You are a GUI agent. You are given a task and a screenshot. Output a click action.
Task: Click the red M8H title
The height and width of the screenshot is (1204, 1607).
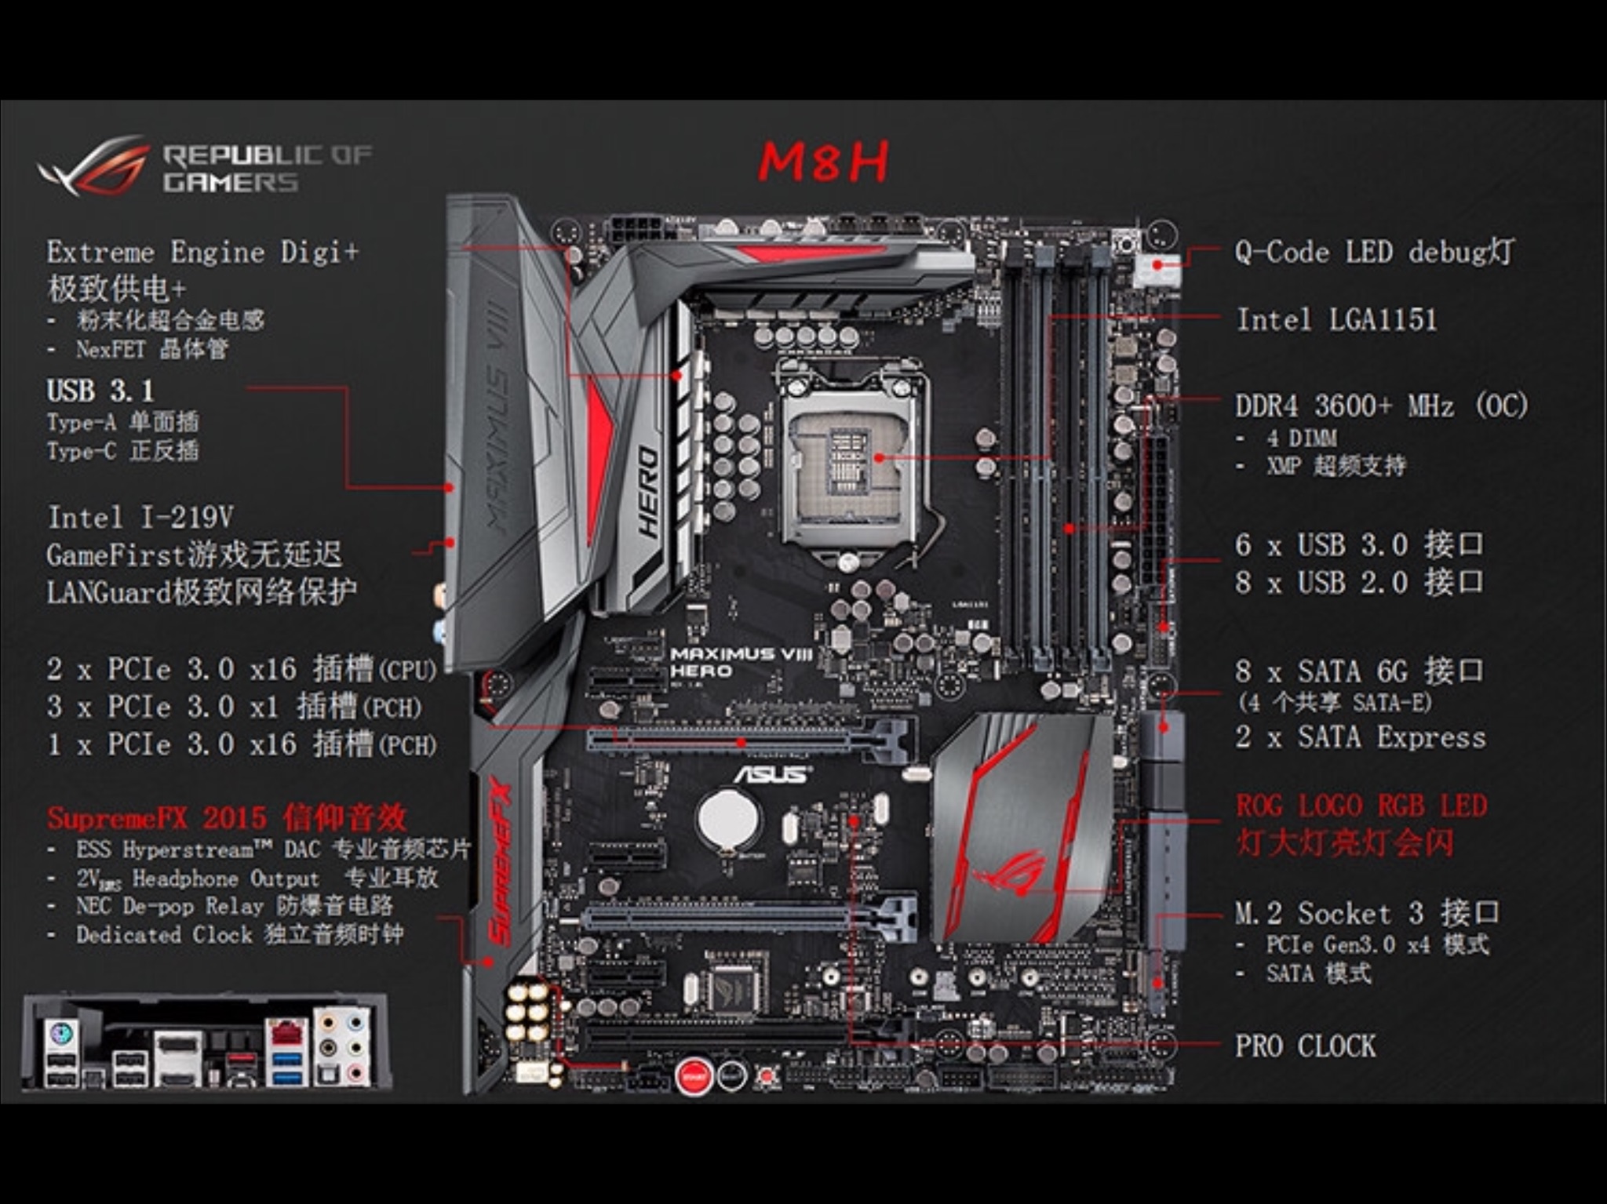click(823, 162)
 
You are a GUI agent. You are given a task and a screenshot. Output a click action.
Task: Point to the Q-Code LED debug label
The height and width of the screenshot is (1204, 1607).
click(1374, 253)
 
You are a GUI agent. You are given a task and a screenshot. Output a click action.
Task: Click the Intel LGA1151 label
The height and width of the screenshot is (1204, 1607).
click(1336, 320)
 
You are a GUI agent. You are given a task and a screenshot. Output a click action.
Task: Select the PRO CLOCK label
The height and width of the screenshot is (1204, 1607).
click(1306, 1046)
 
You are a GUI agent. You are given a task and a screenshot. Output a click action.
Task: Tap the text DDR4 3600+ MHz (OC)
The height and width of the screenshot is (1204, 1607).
click(1382, 406)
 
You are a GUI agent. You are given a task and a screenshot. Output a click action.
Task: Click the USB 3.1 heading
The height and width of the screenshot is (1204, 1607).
click(100, 391)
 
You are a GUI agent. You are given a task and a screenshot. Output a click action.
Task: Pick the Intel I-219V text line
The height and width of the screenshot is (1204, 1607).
click(140, 518)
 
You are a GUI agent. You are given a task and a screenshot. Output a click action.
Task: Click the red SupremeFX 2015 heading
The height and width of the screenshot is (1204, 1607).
click(227, 818)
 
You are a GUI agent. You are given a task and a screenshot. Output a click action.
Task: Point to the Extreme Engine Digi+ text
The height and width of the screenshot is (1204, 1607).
click(202, 253)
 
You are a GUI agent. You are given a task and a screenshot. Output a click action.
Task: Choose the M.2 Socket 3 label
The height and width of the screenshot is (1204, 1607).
click(1367, 913)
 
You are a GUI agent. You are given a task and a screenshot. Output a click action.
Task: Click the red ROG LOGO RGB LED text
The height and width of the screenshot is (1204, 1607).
click(1361, 806)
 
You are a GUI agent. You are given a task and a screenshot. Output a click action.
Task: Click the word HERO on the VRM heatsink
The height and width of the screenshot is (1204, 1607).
click(648, 492)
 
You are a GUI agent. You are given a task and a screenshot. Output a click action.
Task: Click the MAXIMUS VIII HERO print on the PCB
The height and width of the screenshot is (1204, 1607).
click(741, 662)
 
